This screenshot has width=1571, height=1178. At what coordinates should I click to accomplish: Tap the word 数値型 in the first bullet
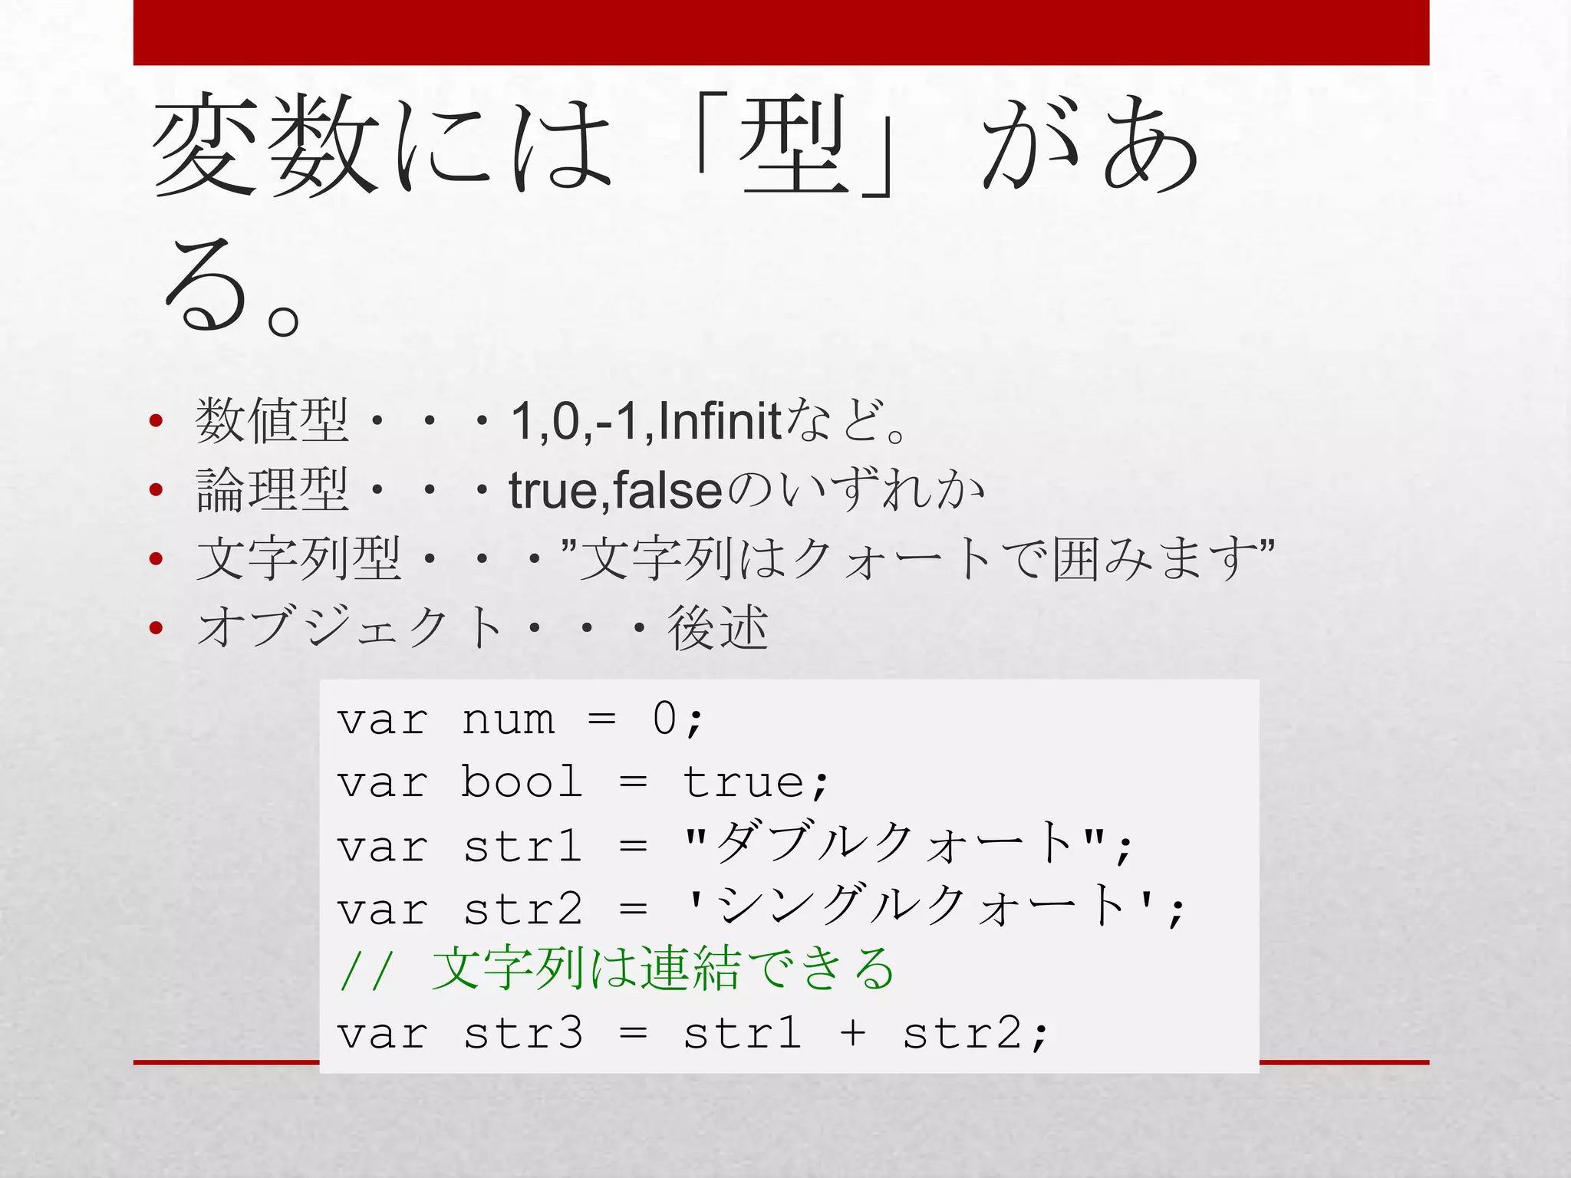pyautogui.click(x=272, y=420)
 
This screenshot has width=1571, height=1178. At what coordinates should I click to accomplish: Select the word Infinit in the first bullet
pyautogui.click(x=720, y=420)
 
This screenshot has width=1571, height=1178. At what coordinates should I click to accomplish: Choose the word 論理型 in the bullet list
pyautogui.click(x=272, y=490)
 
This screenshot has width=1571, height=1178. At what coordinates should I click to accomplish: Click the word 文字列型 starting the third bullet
pyautogui.click(x=298, y=559)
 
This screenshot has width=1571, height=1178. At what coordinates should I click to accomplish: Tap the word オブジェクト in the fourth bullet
pyautogui.click(x=349, y=628)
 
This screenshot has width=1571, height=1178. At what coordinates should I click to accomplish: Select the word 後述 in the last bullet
pyautogui.click(x=717, y=628)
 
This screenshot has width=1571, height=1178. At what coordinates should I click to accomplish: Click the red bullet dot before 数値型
pyautogui.click(x=156, y=420)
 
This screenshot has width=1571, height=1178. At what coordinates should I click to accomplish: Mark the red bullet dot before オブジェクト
pyautogui.click(x=156, y=628)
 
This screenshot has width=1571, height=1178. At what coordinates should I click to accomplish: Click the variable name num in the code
pyautogui.click(x=508, y=720)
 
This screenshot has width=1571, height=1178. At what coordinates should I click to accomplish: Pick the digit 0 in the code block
pyautogui.click(x=664, y=719)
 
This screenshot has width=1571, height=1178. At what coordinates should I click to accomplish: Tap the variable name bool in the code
pyautogui.click(x=522, y=782)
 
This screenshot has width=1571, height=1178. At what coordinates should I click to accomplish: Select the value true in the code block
pyautogui.click(x=743, y=782)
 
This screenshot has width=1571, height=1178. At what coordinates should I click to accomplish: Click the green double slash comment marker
pyautogui.click(x=367, y=970)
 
